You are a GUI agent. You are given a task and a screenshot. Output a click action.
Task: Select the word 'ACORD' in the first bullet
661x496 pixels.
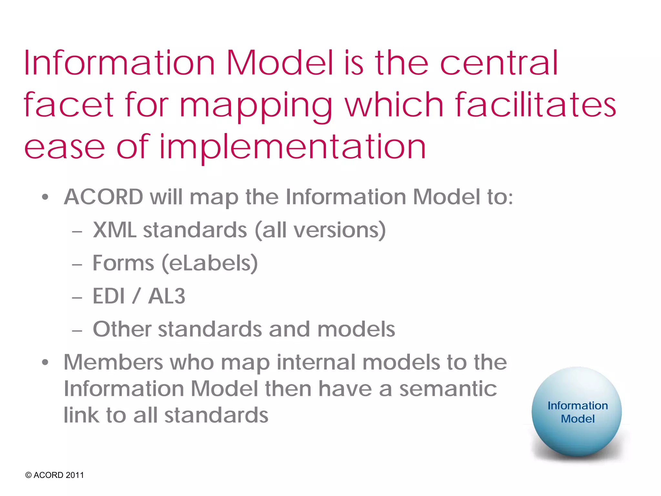[x=104, y=197]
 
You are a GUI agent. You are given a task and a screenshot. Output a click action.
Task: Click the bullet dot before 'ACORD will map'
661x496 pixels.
[x=46, y=197]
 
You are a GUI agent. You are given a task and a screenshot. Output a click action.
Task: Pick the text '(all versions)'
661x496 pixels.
[x=320, y=231]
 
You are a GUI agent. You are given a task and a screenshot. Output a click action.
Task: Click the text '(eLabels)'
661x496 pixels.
[x=209, y=263]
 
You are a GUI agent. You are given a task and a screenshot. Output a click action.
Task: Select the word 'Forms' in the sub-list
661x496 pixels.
[x=123, y=263]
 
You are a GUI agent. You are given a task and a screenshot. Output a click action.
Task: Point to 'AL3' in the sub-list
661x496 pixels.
[x=167, y=296]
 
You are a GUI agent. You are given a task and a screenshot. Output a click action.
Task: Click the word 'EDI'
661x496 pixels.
[x=108, y=296]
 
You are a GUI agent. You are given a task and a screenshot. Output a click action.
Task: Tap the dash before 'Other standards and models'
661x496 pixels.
[x=77, y=330]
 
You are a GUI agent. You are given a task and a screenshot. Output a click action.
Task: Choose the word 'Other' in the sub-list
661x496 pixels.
[x=122, y=329]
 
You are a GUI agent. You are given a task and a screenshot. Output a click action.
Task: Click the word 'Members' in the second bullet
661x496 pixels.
[x=113, y=362]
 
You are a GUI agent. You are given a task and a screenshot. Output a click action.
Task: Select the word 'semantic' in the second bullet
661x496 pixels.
[x=448, y=389]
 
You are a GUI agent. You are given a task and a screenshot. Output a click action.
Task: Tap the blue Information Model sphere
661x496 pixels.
[x=577, y=412]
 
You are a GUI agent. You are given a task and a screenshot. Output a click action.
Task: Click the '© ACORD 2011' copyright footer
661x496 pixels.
[x=55, y=475]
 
